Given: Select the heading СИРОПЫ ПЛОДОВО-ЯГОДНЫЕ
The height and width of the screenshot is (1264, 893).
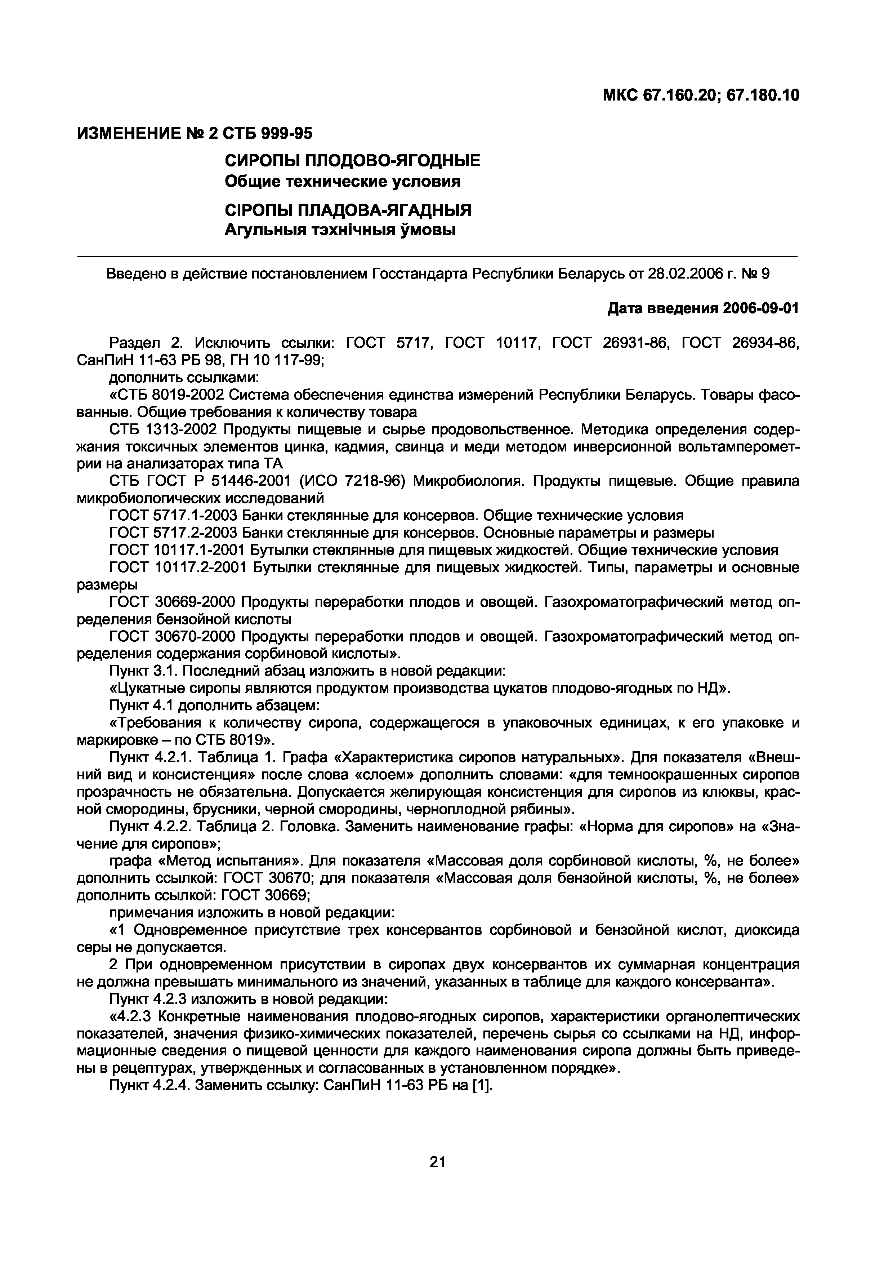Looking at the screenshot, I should pos(353,161).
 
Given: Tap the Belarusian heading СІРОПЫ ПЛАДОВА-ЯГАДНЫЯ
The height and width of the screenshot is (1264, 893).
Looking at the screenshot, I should pos(348,210).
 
